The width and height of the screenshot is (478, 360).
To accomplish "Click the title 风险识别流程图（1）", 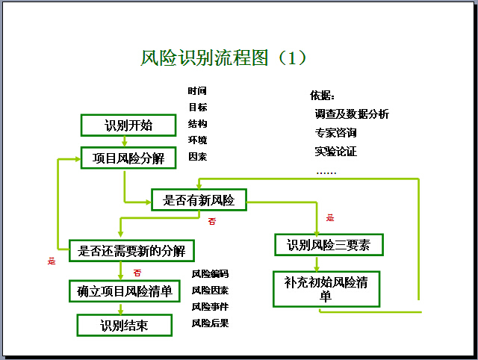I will pyautogui.click(x=224, y=58).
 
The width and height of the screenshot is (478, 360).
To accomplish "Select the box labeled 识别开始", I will pyautogui.click(x=128, y=125).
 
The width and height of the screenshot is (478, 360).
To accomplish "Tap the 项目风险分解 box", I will pyautogui.click(x=128, y=158).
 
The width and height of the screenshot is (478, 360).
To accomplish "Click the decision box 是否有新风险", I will pyautogui.click(x=199, y=199).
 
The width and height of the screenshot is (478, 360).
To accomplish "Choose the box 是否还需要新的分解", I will pyautogui.click(x=131, y=250).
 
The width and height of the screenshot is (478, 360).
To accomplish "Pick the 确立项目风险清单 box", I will pyautogui.click(x=125, y=290).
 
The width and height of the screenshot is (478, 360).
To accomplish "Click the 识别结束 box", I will pyautogui.click(x=124, y=325).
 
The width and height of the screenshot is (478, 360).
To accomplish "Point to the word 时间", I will pyautogui.click(x=198, y=90).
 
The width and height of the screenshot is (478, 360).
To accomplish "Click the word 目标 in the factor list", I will pyautogui.click(x=198, y=107).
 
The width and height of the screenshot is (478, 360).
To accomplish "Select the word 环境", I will pyautogui.click(x=198, y=140).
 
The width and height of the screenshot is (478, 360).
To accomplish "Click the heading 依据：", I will pyautogui.click(x=323, y=96).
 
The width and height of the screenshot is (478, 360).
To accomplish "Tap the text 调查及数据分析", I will pyautogui.click(x=352, y=114).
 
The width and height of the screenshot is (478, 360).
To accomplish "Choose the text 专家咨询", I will pyautogui.click(x=335, y=133).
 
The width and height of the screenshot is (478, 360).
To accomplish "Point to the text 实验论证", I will pyautogui.click(x=335, y=152).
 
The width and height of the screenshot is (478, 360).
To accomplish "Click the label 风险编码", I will pyautogui.click(x=210, y=273).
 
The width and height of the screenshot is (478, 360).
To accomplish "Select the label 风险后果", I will pyautogui.click(x=210, y=323).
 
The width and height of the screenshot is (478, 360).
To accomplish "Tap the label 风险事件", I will pyautogui.click(x=210, y=306).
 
